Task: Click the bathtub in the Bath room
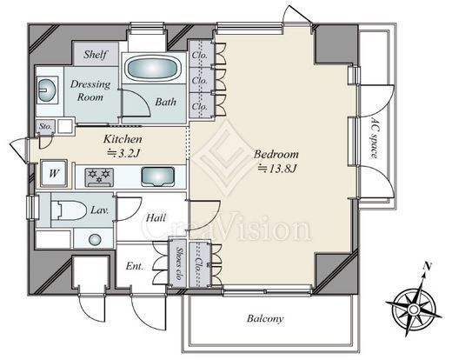[152, 69]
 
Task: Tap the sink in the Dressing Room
[46, 90]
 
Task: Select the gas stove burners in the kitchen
[99, 177]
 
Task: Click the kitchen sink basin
[158, 177]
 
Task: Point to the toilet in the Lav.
[69, 210]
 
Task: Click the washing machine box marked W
[54, 173]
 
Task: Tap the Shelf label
[96, 54]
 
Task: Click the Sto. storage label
[45, 127]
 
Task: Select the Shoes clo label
[179, 263]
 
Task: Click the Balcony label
[265, 318]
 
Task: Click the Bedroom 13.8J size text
[277, 168]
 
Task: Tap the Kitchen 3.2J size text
[123, 153]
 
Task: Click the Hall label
[156, 217]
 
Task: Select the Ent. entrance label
[135, 266]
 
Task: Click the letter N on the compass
[427, 265]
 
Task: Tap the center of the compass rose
[414, 310]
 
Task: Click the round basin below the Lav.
[95, 239]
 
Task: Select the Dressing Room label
[90, 90]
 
